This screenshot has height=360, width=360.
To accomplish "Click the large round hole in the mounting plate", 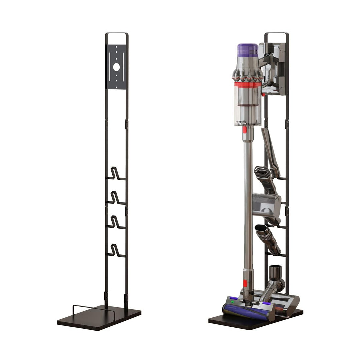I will pos(116,67).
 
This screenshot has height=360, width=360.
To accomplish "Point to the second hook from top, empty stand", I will pos(115,198).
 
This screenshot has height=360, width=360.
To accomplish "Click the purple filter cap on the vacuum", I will pos(248,49).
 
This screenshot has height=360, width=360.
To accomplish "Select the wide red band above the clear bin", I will pos(247,85).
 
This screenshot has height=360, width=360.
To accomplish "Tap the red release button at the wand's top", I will pos(245,130).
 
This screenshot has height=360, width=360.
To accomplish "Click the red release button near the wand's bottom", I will pos(245,283).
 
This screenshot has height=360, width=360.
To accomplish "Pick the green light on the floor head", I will pos(232,302).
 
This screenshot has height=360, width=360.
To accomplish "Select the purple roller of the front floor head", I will pos(245,313).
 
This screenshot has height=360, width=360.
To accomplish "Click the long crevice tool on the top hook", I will pos(270,150).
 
